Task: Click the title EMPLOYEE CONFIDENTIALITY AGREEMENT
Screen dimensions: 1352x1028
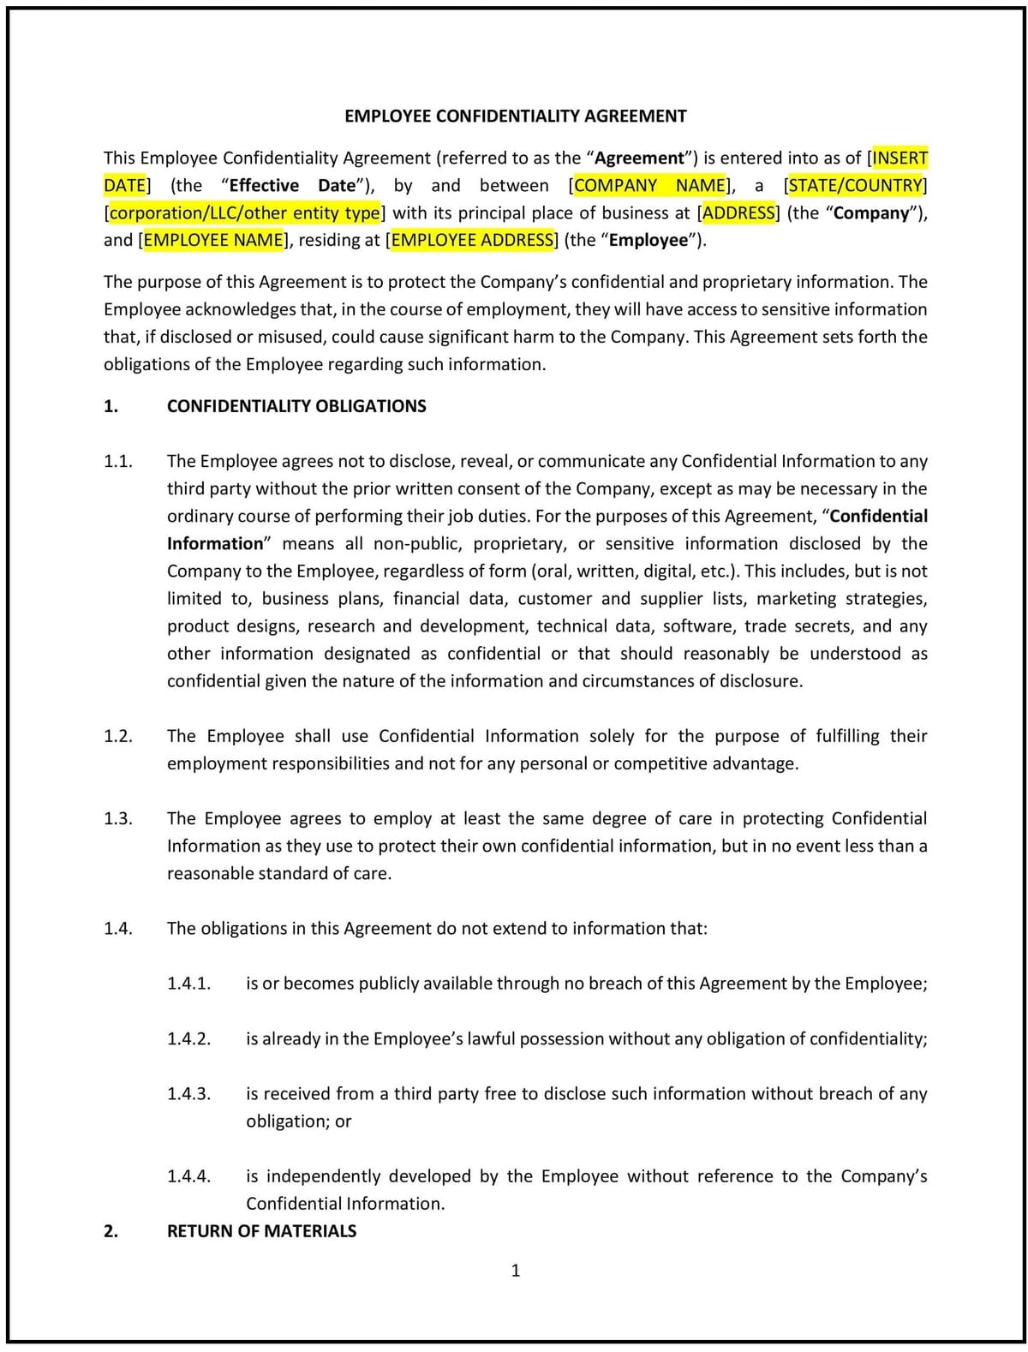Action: click(x=515, y=116)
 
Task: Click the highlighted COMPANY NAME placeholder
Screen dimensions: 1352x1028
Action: click(x=650, y=186)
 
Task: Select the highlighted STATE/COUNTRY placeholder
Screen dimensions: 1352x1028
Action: click(x=855, y=186)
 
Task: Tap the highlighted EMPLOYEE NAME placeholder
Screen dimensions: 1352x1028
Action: click(x=213, y=241)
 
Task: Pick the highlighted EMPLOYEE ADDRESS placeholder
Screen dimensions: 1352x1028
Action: click(x=472, y=241)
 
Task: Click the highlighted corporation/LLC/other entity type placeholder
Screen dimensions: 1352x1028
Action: click(x=244, y=213)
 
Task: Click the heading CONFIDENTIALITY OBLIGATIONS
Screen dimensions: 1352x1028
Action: click(x=296, y=406)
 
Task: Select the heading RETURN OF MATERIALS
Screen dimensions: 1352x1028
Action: click(x=261, y=1231)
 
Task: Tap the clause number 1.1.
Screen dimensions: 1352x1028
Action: click(x=118, y=462)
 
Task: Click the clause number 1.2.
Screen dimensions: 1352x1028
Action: click(x=118, y=736)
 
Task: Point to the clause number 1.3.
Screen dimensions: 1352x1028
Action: click(x=118, y=818)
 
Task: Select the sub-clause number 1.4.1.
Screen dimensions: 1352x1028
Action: click(x=188, y=984)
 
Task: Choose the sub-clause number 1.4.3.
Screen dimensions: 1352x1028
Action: click(x=188, y=1094)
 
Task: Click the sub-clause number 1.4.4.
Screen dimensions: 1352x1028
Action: click(x=188, y=1176)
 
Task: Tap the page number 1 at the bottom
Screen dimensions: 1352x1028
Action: click(x=515, y=1271)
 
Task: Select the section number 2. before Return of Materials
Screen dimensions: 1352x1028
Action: click(x=111, y=1231)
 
